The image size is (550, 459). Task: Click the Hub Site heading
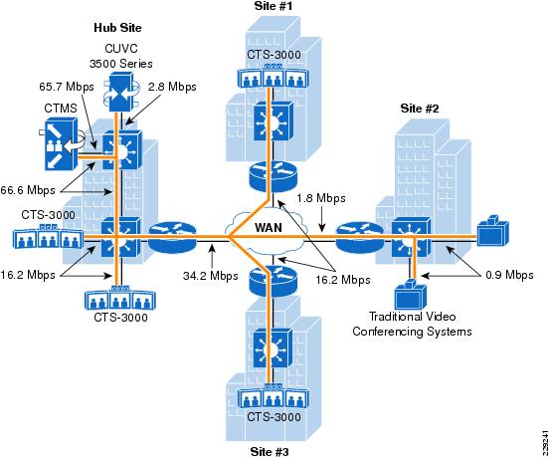tap(117, 28)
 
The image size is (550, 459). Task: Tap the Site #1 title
tap(274, 6)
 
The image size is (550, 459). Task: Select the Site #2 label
tap(420, 109)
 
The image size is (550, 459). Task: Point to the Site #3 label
tap(270, 452)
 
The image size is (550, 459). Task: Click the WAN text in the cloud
tap(269, 228)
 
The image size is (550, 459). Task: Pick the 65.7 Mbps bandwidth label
tap(67, 87)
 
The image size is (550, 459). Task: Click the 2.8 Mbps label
tap(172, 87)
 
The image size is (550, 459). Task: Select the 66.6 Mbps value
tap(28, 190)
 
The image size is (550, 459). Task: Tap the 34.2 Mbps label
tap(211, 276)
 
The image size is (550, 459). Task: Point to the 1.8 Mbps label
tap(321, 198)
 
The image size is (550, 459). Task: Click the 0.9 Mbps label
tap(509, 275)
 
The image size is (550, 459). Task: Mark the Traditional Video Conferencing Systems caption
tap(412, 324)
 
